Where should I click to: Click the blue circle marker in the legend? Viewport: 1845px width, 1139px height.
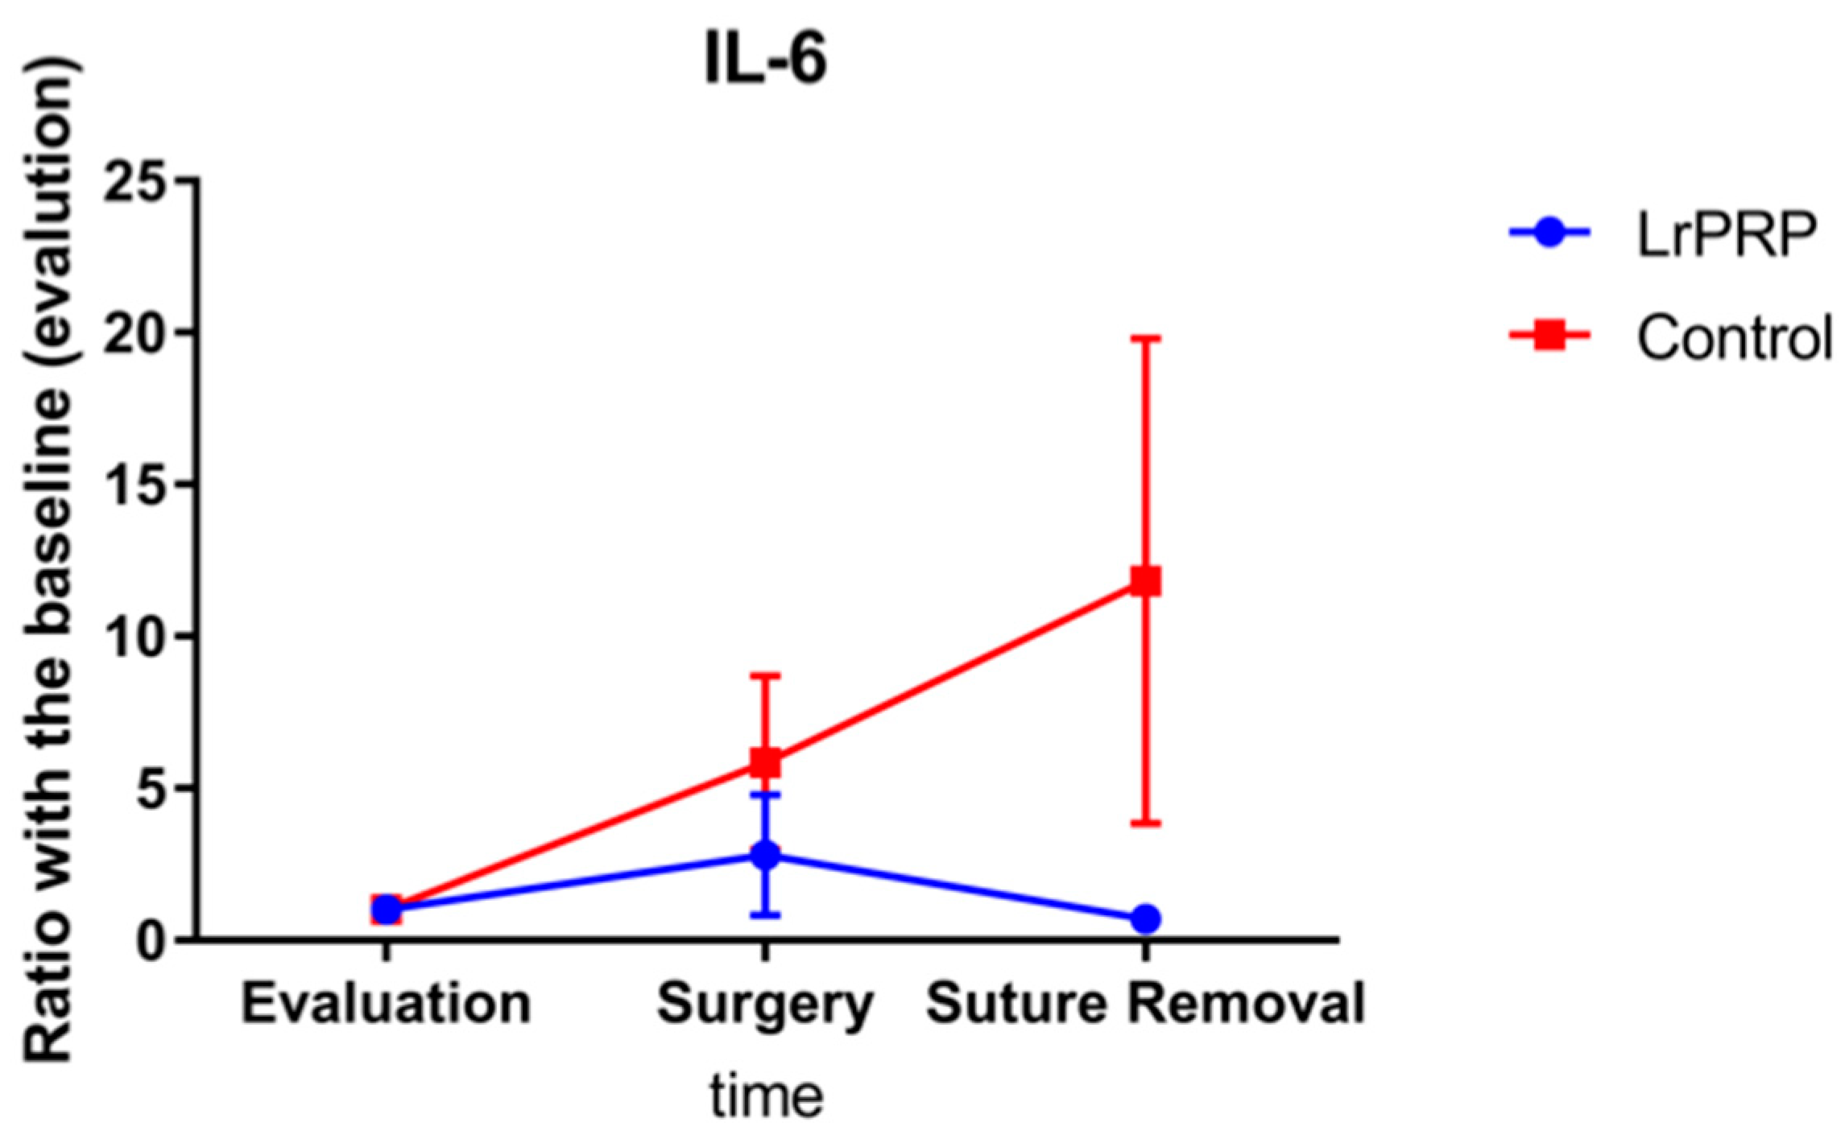1548,233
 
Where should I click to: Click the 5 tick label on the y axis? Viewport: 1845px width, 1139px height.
153,787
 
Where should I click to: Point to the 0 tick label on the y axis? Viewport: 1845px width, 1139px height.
153,939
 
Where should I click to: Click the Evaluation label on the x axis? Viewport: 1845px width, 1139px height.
386,1004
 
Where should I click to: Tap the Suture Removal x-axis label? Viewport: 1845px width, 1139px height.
1145,1004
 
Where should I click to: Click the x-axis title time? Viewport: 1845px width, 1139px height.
766,1096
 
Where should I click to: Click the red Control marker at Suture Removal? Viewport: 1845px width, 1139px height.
1145,580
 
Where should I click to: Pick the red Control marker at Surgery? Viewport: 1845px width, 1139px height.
765,761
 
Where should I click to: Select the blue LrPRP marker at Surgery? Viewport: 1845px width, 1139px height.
765,855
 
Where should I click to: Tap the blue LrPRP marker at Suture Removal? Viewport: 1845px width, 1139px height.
1145,918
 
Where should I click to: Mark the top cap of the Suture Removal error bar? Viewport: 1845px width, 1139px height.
1145,338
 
